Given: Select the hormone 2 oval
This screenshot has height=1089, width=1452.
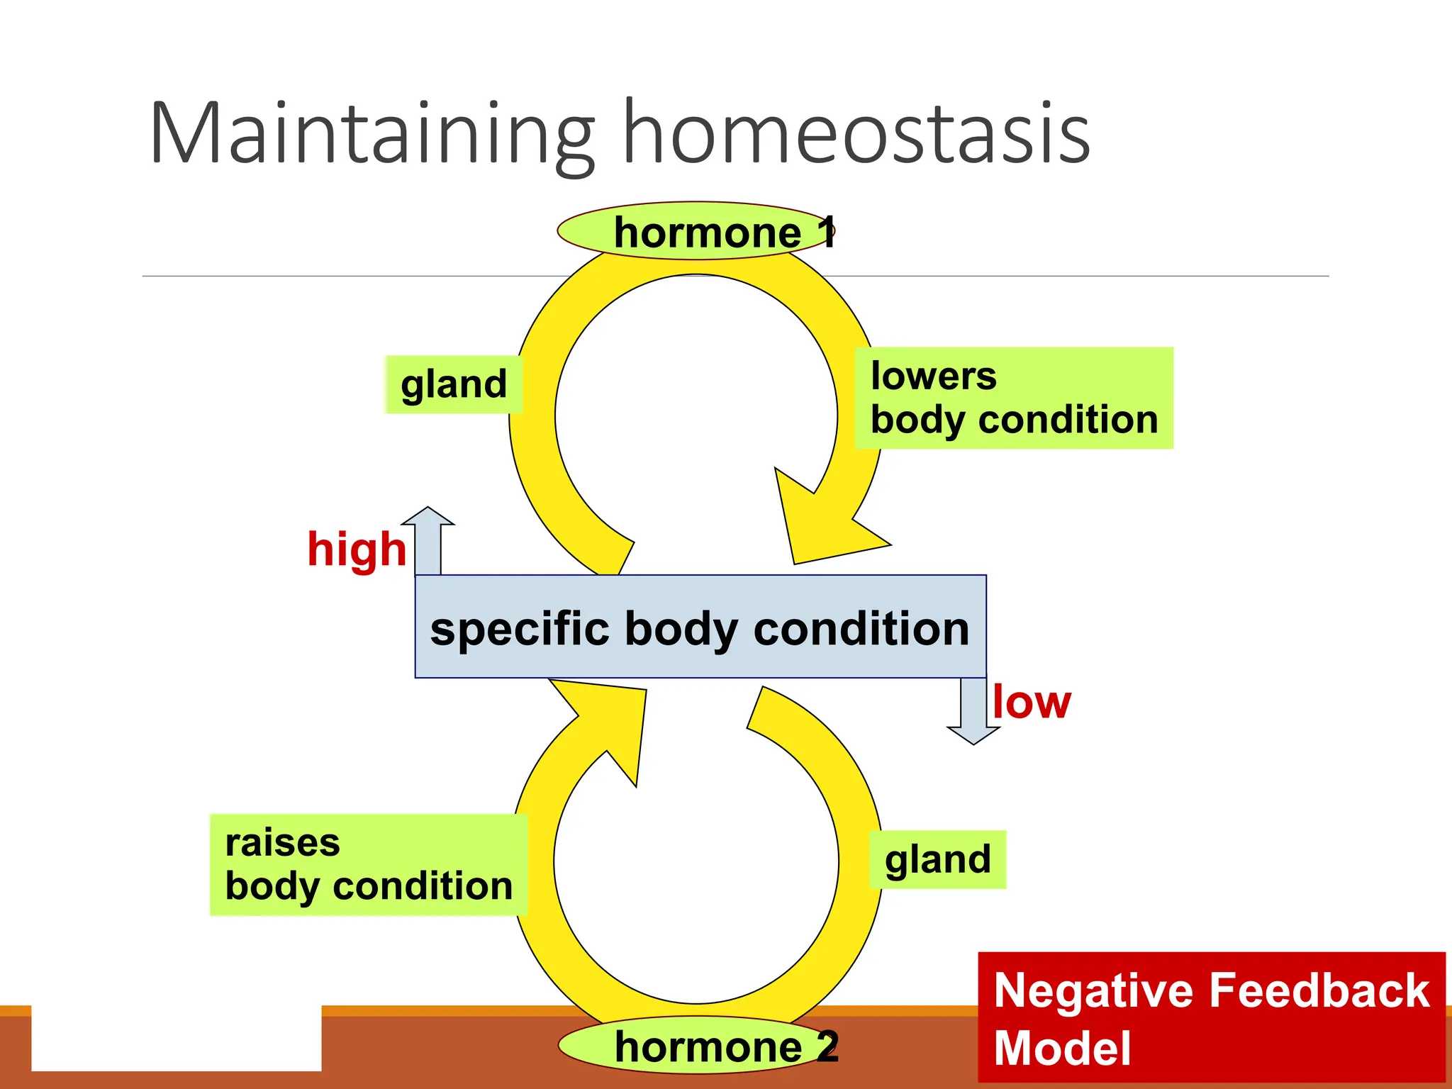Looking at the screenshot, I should coord(698,1045).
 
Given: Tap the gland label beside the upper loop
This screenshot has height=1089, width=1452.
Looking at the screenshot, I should coord(454,385).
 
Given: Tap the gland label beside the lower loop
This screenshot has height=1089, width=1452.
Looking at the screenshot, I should coord(937,860).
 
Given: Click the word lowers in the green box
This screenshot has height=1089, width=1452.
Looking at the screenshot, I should coord(933,376).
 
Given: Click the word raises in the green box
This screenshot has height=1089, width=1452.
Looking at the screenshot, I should coord(282,843).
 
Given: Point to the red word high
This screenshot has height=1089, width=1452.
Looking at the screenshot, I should coord(357,549).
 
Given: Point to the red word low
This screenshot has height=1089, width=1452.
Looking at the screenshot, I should coord(1032,703).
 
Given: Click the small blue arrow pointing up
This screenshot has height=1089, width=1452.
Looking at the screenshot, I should coord(428,539).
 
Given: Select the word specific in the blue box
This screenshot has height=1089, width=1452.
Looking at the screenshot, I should coord(520,629).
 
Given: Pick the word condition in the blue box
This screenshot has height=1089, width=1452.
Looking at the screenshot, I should coord(861,629).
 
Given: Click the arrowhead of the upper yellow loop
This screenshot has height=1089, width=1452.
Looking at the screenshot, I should coord(822,525).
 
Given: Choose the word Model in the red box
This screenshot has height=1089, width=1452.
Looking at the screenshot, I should coord(1062,1048).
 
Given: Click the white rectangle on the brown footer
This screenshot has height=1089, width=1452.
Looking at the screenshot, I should coord(176,1038).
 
